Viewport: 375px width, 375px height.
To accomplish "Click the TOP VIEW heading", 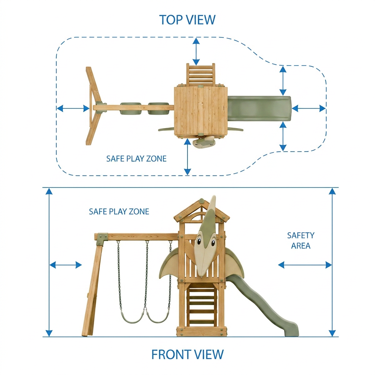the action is coord(187,20).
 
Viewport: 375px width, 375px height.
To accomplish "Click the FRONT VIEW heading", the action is coord(187,354).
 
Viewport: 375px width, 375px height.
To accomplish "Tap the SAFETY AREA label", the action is coord(301,241).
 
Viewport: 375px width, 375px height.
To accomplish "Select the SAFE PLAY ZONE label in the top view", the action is coord(136,159).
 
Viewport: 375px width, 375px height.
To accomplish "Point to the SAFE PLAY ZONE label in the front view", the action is coord(119,211).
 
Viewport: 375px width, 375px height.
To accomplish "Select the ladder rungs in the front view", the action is coord(201,307).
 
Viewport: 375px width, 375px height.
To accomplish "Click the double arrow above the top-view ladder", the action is coord(196,51).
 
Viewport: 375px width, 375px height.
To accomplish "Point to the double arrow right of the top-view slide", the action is coord(309,108).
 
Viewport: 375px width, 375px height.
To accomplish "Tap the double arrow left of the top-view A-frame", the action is coord(73,108).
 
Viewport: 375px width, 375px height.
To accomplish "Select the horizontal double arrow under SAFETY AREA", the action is coord(305,265).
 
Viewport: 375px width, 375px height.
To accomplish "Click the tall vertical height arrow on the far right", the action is coord(332,262).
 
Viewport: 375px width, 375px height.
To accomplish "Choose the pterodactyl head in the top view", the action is coord(204,142).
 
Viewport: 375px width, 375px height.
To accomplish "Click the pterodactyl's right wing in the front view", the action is coord(234,262).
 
